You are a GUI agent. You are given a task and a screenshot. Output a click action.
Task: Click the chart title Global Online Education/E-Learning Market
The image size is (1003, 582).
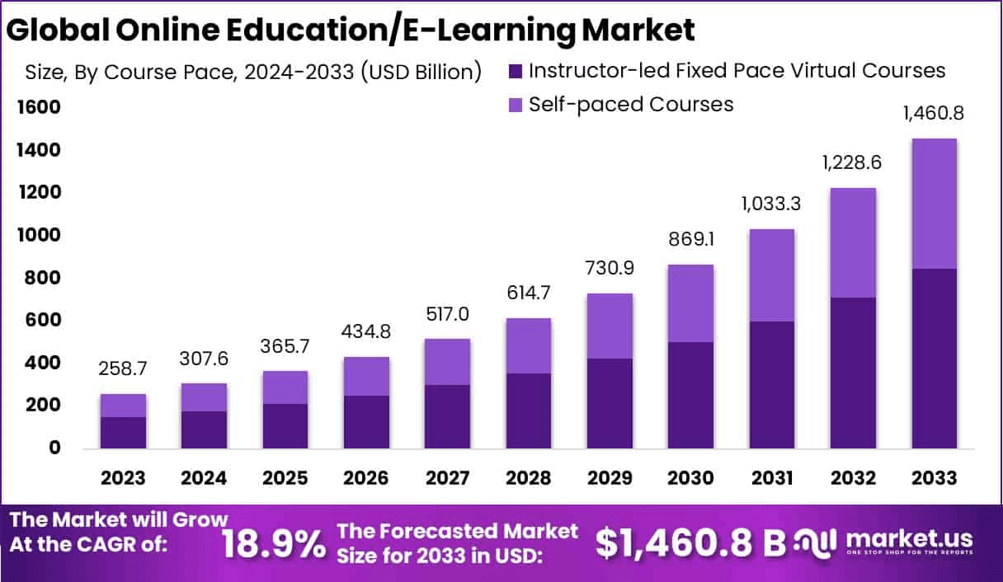(x=351, y=30)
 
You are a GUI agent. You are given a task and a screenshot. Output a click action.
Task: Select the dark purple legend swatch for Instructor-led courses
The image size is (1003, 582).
(x=516, y=71)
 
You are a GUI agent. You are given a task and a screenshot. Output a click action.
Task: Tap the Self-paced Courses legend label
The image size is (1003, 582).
(x=631, y=105)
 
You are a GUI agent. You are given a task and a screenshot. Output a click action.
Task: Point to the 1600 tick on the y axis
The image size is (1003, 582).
(x=37, y=108)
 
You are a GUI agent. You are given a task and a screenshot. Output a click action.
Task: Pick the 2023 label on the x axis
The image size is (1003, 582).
(x=123, y=479)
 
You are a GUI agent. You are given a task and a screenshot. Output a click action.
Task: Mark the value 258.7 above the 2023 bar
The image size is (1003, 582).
(x=124, y=369)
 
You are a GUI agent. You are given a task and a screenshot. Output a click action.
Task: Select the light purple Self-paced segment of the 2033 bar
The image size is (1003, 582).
(x=935, y=204)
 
